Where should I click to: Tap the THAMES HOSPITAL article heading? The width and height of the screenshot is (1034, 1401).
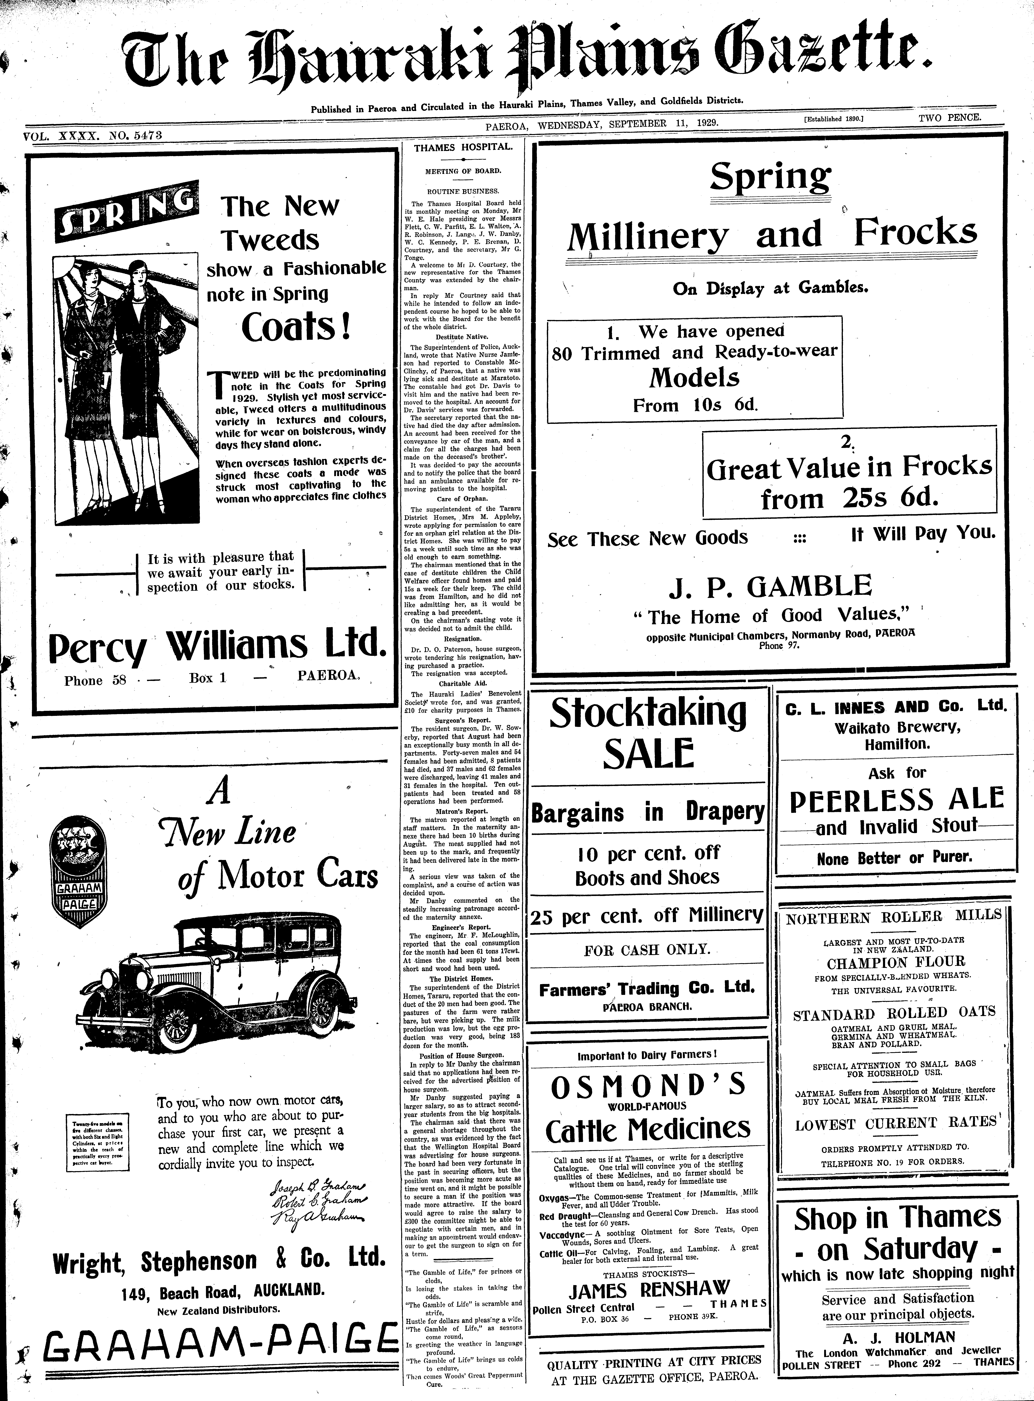coord(463,148)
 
